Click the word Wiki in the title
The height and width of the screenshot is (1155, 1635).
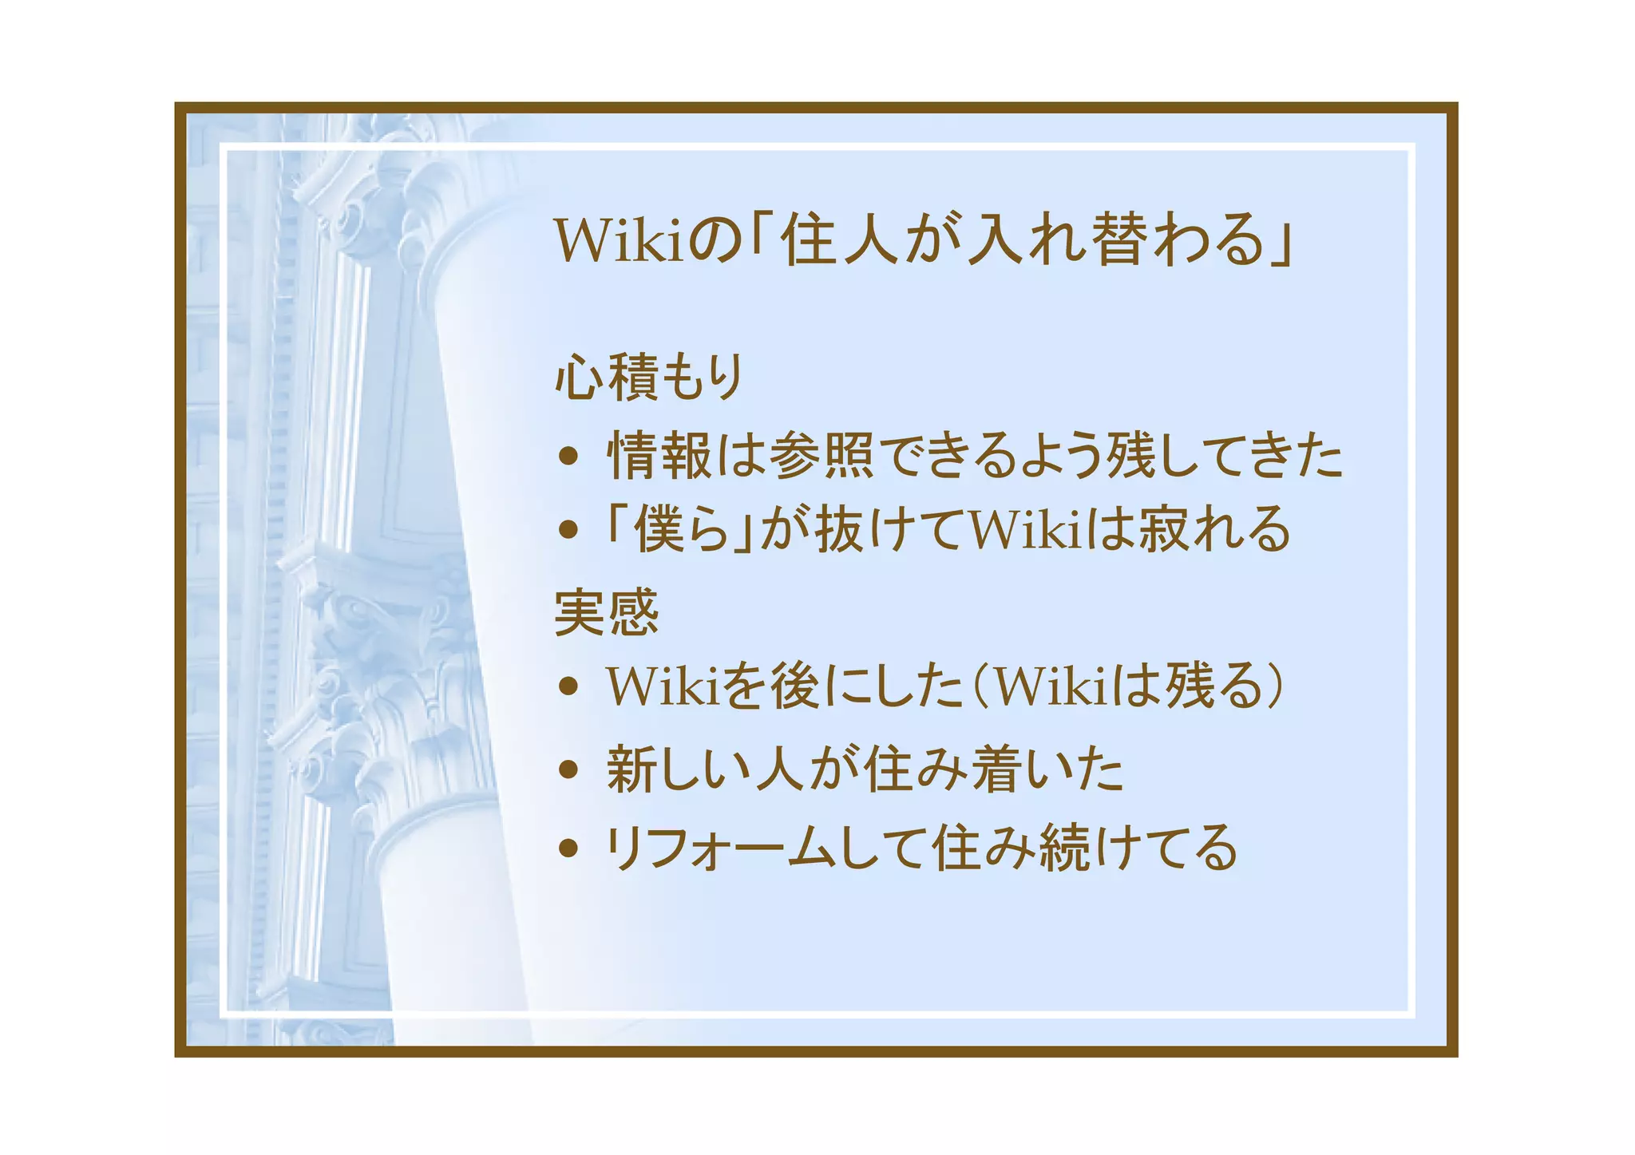[619, 240]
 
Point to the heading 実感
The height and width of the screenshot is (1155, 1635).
[607, 612]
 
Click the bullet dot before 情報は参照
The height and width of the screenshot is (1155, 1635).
[568, 456]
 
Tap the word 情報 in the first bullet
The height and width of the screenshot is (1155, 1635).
[659, 456]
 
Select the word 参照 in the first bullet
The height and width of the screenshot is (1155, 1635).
[822, 456]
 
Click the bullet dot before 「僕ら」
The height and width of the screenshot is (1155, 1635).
[568, 529]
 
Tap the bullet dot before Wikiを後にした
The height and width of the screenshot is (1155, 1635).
[568, 686]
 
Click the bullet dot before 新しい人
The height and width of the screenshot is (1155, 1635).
[568, 769]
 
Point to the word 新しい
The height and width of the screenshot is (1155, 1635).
[679, 769]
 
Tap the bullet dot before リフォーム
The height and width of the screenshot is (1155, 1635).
[568, 848]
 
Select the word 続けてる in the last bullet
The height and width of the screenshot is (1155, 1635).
[1138, 848]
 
